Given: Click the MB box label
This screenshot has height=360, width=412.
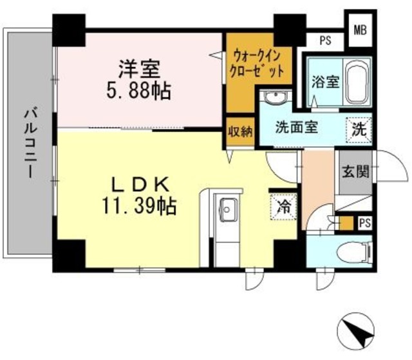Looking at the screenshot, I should pyautogui.click(x=359, y=29).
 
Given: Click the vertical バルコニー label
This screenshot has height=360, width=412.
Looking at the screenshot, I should pyautogui.click(x=30, y=143).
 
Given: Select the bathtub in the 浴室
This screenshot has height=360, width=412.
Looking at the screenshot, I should pyautogui.click(x=355, y=83).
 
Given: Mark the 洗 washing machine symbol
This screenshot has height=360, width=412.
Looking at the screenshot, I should pyautogui.click(x=359, y=128).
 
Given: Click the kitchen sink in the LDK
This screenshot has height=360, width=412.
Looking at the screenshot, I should pyautogui.click(x=227, y=207).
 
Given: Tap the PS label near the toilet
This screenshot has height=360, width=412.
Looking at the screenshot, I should pyautogui.click(x=365, y=223).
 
